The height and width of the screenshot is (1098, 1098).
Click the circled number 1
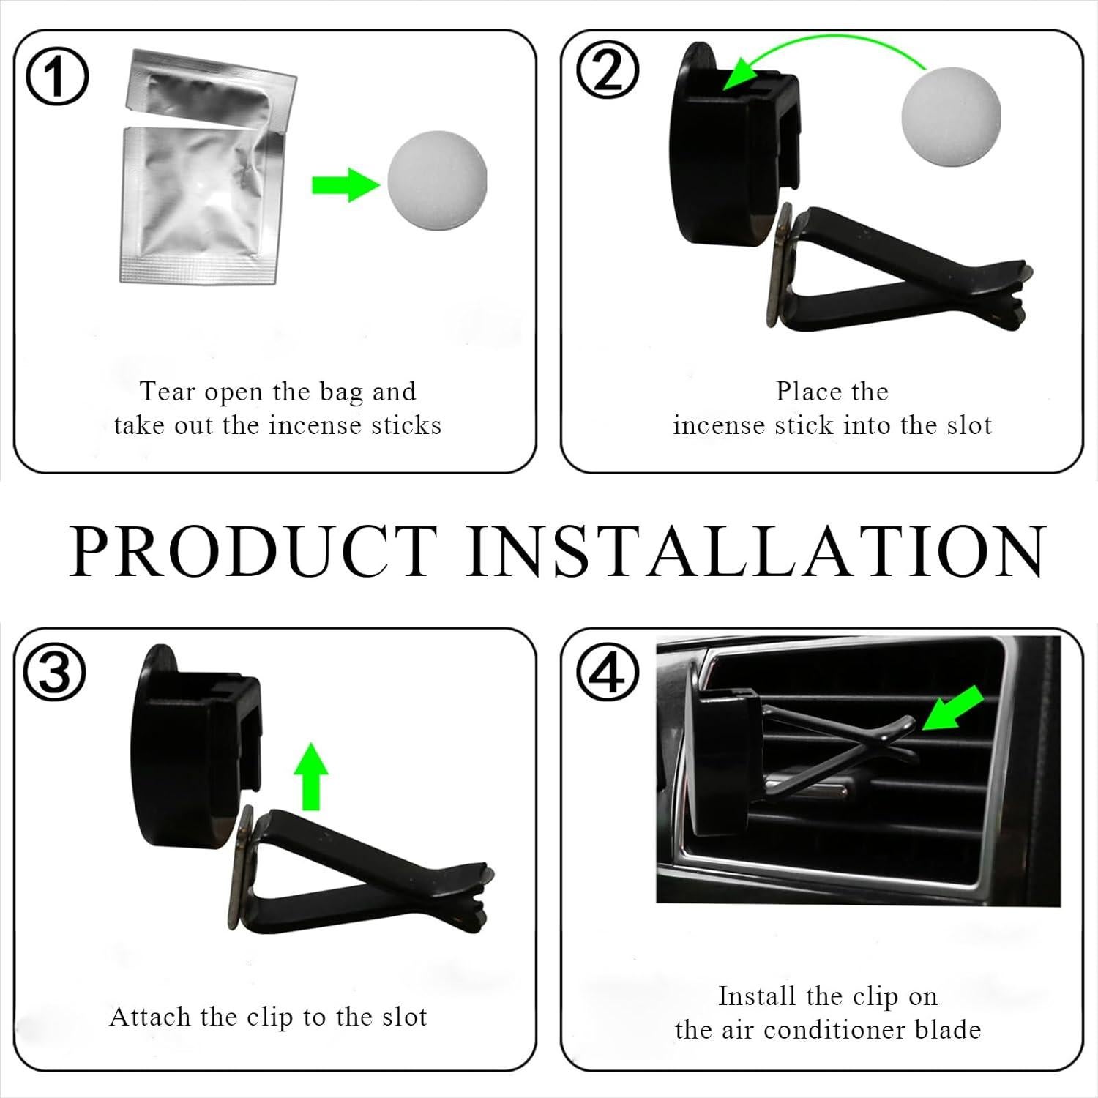click(58, 79)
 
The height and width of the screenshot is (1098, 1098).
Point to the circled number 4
click(608, 674)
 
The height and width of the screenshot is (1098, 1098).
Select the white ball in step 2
click(940, 107)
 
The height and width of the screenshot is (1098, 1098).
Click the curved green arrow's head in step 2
click(739, 78)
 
